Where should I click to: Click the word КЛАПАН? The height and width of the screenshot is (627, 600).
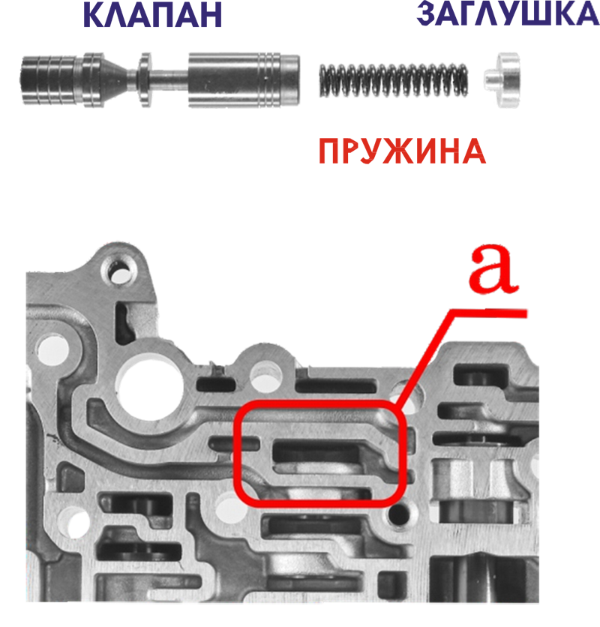point(152,15)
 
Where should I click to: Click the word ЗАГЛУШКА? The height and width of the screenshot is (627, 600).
point(508,13)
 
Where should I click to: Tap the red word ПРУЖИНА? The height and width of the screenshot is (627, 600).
point(403,151)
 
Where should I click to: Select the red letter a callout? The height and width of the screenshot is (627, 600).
point(493,268)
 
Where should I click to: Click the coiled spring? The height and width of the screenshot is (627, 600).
point(394,80)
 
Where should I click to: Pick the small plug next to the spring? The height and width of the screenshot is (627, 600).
point(502,80)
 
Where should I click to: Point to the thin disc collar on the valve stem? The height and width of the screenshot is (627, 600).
point(145,80)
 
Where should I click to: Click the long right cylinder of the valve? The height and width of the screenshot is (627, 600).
point(244,80)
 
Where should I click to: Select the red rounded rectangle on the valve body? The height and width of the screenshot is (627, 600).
point(319,454)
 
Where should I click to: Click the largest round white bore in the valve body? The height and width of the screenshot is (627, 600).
point(149,388)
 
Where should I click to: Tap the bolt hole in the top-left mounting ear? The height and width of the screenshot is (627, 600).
point(118,274)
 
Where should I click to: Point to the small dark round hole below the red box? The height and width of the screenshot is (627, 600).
point(399,514)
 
